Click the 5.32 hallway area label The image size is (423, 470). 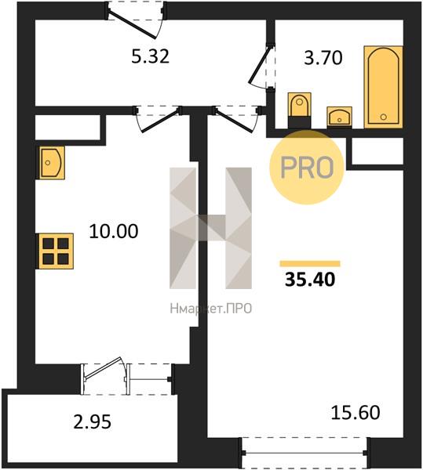(x=151, y=56)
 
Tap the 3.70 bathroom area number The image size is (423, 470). (x=323, y=58)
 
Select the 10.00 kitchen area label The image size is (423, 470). (x=114, y=231)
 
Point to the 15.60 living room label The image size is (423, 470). (x=356, y=412)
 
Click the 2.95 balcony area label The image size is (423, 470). (x=92, y=421)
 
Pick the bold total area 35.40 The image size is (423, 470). (x=310, y=280)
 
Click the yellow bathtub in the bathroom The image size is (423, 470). (x=384, y=87)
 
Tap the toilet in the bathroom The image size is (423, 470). (x=299, y=110)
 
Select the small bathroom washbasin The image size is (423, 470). (x=340, y=117)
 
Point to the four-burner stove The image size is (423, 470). (x=55, y=251)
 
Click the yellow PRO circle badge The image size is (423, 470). (x=307, y=168)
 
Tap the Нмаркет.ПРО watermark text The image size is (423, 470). (x=211, y=309)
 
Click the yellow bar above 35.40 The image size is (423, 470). (x=310, y=264)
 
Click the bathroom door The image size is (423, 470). (x=261, y=67)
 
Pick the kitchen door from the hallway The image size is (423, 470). (x=159, y=119)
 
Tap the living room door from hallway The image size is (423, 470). (x=236, y=119)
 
